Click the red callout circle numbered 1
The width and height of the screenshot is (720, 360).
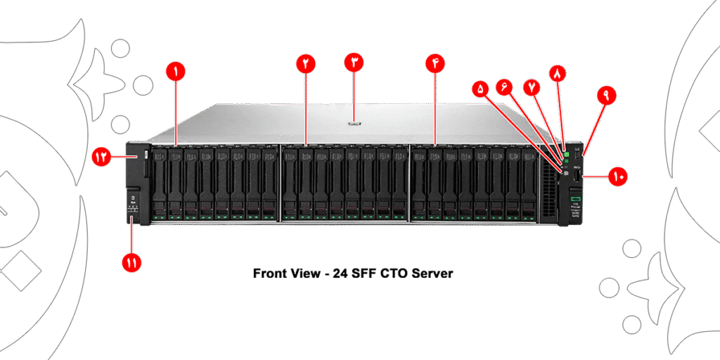pos(175,70)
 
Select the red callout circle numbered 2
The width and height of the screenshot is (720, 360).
pos(306,63)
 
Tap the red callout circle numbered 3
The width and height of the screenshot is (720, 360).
pos(354,62)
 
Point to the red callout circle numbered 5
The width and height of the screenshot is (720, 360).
pos(480,89)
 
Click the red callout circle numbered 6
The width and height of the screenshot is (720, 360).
pos(504,86)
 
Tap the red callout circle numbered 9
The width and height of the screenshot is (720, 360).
pos(606,96)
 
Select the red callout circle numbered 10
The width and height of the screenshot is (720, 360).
pos(618,177)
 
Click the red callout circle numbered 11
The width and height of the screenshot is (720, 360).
pos(131,263)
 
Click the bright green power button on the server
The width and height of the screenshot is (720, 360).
pos(566,149)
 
